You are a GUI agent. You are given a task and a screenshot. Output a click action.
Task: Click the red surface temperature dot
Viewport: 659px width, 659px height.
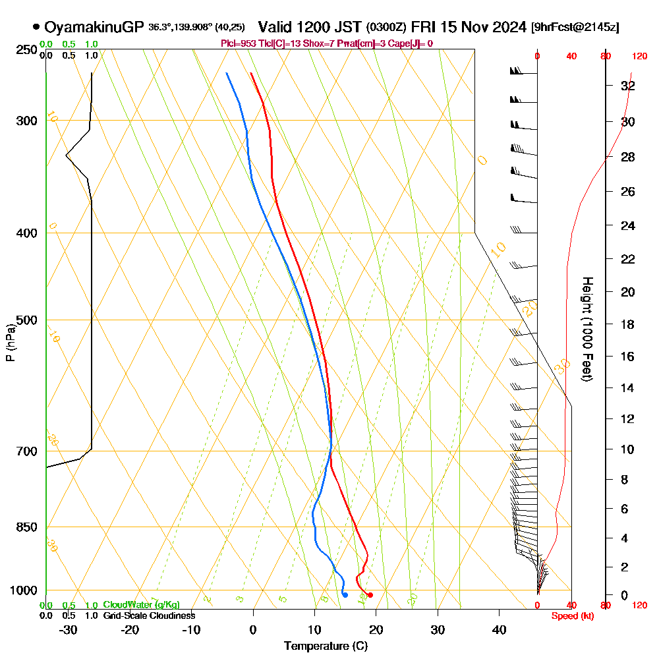pos(370,595)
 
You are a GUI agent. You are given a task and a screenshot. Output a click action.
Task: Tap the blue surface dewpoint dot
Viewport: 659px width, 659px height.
pos(345,595)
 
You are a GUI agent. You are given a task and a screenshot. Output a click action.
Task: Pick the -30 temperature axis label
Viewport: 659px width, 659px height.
pos(69,629)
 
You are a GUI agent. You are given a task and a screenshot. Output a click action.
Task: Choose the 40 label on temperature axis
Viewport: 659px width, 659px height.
pos(500,629)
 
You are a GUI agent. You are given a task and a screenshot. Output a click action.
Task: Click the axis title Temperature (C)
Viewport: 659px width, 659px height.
pos(326,646)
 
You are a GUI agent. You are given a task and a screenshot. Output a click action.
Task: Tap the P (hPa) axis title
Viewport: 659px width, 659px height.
pos(10,343)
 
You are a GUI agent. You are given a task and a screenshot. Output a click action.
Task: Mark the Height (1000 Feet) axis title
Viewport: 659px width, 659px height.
pos(586,329)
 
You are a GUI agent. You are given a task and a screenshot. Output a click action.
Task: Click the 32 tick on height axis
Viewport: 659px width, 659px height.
pos(627,86)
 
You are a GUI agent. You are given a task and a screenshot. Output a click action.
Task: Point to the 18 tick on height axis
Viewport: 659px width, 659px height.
pos(627,324)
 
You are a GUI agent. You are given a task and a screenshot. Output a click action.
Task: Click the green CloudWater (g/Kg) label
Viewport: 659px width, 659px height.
pos(141,605)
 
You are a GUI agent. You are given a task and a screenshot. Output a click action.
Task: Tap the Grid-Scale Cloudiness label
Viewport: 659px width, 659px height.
pos(149,616)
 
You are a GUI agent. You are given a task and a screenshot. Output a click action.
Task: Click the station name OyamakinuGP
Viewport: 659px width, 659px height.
pos(94,27)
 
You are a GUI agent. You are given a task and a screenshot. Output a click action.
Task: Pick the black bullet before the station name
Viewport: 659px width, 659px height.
pos(36,27)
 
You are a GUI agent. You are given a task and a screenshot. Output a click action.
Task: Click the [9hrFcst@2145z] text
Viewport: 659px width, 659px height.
pos(575,28)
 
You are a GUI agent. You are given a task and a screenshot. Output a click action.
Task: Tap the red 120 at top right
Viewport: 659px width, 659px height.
pos(639,57)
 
